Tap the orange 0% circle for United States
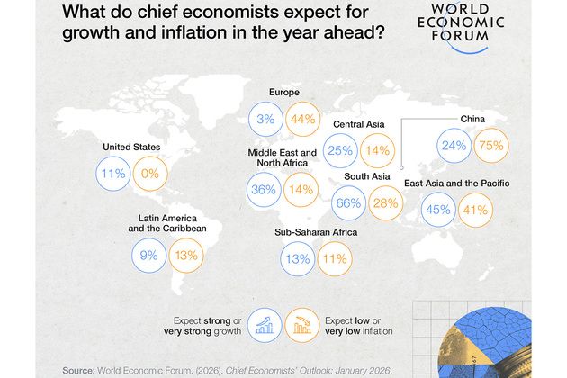pyautogui.click(x=148, y=174)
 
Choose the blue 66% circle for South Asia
pyautogui.click(x=348, y=202)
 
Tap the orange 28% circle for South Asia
pyautogui.click(x=385, y=202)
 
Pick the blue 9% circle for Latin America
pyautogui.click(x=149, y=255)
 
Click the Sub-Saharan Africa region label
pyautogui.click(x=316, y=232)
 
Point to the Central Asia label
pyautogui.click(x=360, y=124)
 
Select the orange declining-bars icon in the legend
pyautogui.click(x=301, y=324)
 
